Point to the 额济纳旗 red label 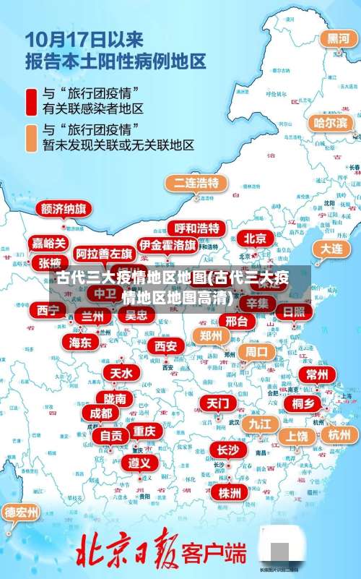64,209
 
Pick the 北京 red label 254,238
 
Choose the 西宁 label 48,310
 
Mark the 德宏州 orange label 21,512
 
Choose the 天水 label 121,373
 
